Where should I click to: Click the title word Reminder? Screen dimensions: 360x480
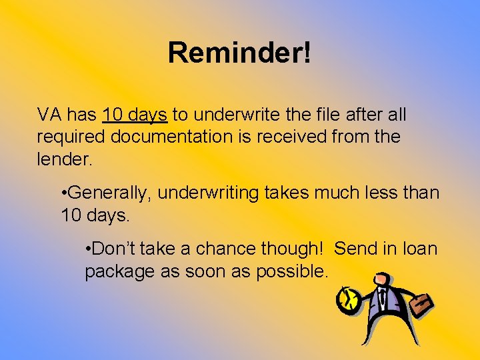pos(239,53)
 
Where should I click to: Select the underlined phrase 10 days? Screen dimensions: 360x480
pos(135,115)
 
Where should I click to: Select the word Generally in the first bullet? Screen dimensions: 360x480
pos(111,193)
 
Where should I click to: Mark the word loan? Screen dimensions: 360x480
pos(421,249)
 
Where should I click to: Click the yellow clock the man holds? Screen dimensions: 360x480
pos(347,301)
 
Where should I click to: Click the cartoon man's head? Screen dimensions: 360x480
pos(382,279)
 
